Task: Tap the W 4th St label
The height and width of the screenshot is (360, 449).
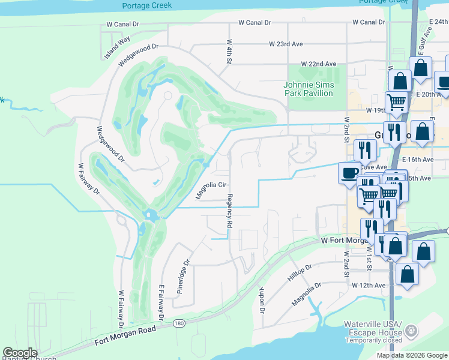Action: pyautogui.click(x=229, y=53)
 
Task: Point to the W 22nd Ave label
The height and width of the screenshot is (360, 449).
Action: pyautogui.click(x=319, y=64)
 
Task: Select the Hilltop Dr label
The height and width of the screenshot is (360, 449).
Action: pyautogui.click(x=300, y=275)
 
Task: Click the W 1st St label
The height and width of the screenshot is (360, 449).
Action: pyautogui.click(x=369, y=257)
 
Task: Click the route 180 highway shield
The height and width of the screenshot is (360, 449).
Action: pyautogui.click(x=179, y=323)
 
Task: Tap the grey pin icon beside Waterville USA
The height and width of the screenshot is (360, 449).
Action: pyautogui.click(x=411, y=330)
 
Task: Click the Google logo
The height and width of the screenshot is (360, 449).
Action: pyautogui.click(x=20, y=353)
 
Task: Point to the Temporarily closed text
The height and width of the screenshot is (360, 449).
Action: pyautogui.click(x=373, y=340)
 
